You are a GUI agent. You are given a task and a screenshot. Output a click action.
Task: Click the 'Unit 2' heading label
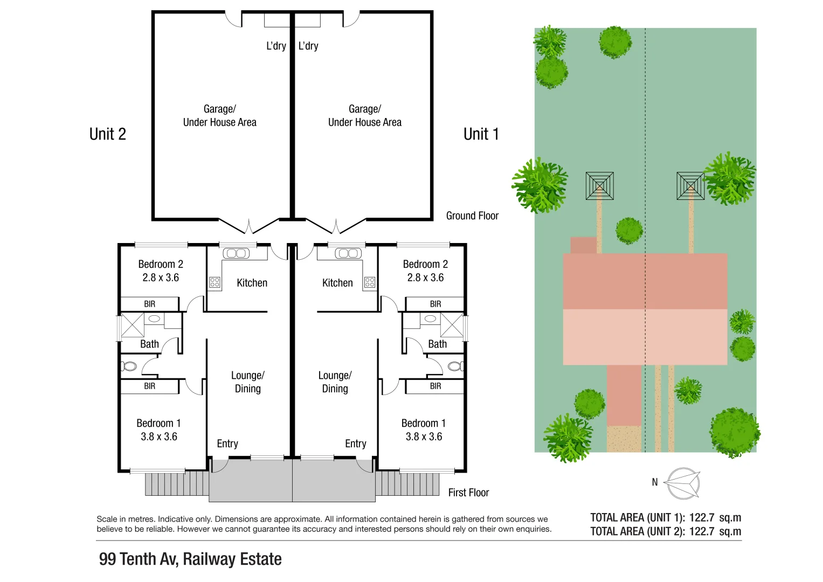pyautogui.click(x=108, y=134)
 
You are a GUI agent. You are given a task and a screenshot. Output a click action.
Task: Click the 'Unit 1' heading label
pyautogui.click(x=481, y=134)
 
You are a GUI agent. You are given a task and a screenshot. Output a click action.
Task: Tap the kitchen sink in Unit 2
pyautogui.click(x=236, y=253)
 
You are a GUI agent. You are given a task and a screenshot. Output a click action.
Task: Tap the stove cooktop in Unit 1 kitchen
pyautogui.click(x=370, y=282)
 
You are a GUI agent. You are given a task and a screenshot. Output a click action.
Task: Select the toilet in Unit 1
pyautogui.click(x=455, y=366)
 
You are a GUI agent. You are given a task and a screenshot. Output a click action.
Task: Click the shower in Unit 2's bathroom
pyautogui.click(x=132, y=325)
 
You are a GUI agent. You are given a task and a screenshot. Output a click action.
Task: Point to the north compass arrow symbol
pyautogui.click(x=682, y=483)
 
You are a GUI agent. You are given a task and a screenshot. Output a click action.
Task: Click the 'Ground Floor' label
pyautogui.click(x=472, y=216)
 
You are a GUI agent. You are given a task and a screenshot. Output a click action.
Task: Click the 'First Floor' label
pyautogui.click(x=468, y=493)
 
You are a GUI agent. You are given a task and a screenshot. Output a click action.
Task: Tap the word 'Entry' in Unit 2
pyautogui.click(x=227, y=444)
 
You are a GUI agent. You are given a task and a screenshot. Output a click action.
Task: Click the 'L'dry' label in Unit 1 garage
pyautogui.click(x=308, y=46)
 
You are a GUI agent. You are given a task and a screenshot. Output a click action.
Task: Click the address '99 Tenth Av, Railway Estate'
pyautogui.click(x=190, y=559)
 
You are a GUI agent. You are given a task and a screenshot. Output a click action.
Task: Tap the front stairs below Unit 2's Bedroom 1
pyautogui.click(x=176, y=484)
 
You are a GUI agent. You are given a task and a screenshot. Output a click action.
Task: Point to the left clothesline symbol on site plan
pyautogui.click(x=599, y=186)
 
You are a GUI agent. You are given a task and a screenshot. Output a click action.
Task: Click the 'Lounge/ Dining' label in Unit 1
pyautogui.click(x=335, y=382)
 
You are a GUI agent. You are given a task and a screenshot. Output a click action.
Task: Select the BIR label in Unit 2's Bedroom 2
pyautogui.click(x=149, y=304)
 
